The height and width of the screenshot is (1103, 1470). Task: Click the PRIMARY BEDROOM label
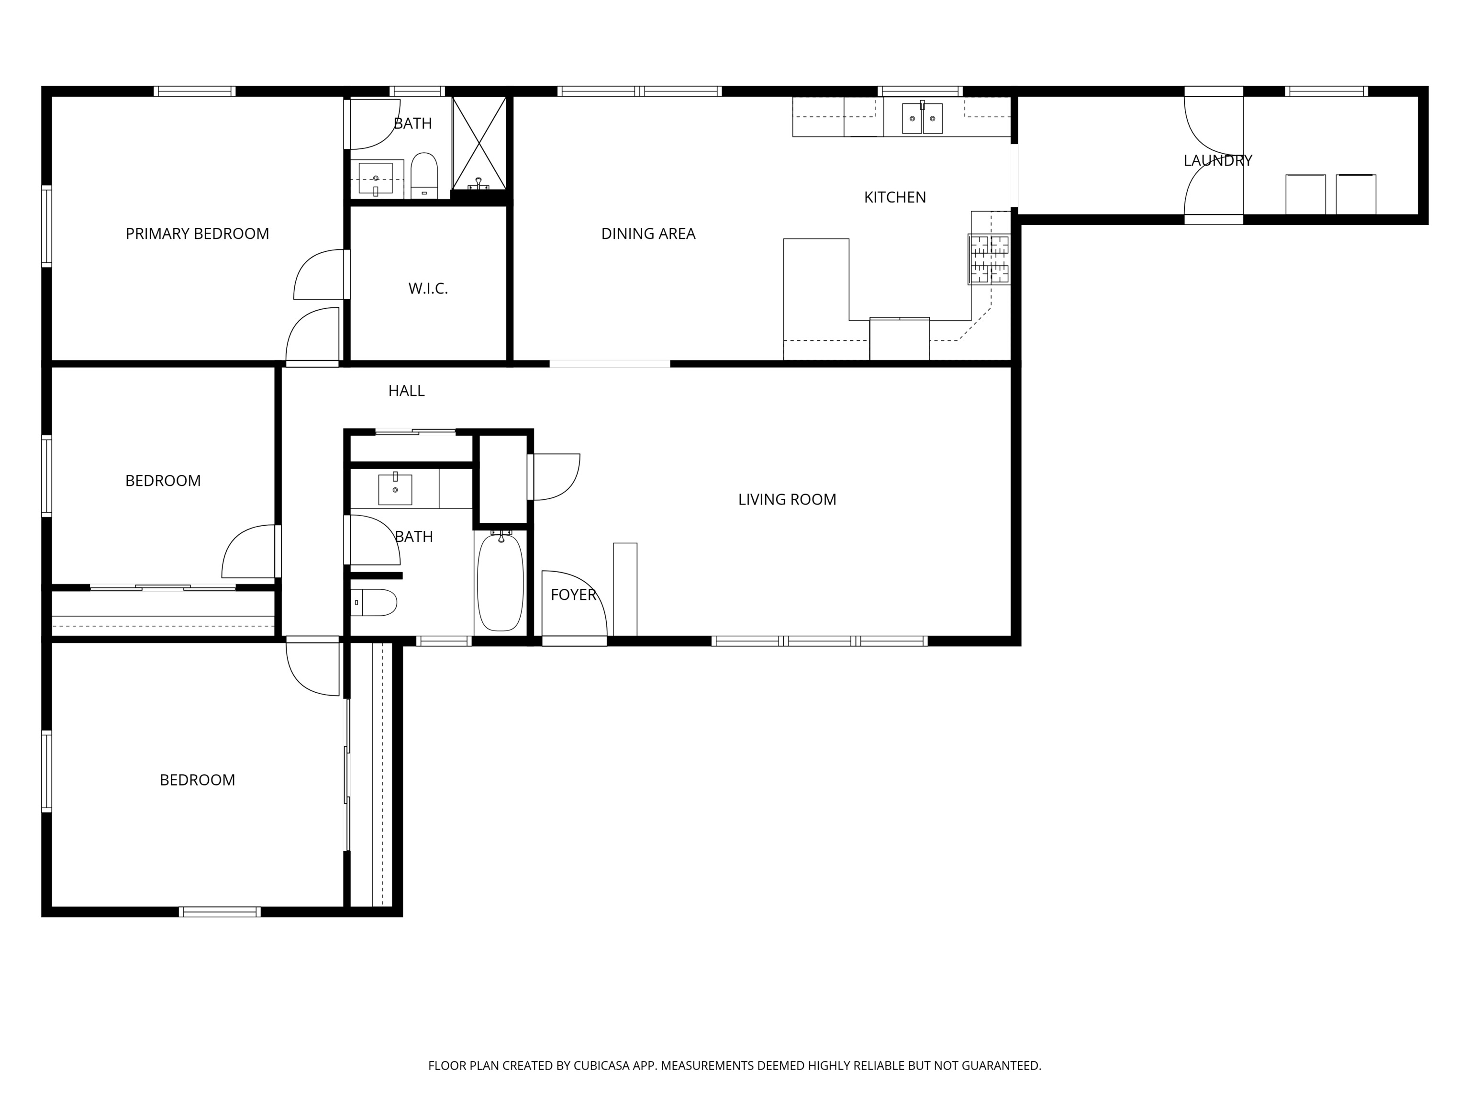click(x=197, y=234)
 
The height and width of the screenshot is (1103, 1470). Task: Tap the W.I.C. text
click(x=428, y=289)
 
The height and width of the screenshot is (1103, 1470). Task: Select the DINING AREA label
click(x=648, y=234)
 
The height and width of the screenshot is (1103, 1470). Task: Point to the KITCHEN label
click(x=894, y=197)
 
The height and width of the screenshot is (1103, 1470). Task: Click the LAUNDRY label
click(x=1217, y=160)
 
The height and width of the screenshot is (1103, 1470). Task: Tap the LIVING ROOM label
click(x=787, y=499)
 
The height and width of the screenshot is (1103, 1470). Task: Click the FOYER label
click(x=574, y=595)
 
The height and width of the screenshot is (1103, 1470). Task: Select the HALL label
click(x=406, y=391)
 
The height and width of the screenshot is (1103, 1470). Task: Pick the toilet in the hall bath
click(x=374, y=602)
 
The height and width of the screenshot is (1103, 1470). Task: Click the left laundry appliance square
click(x=1305, y=194)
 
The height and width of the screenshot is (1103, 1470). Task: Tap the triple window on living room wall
click(x=819, y=641)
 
